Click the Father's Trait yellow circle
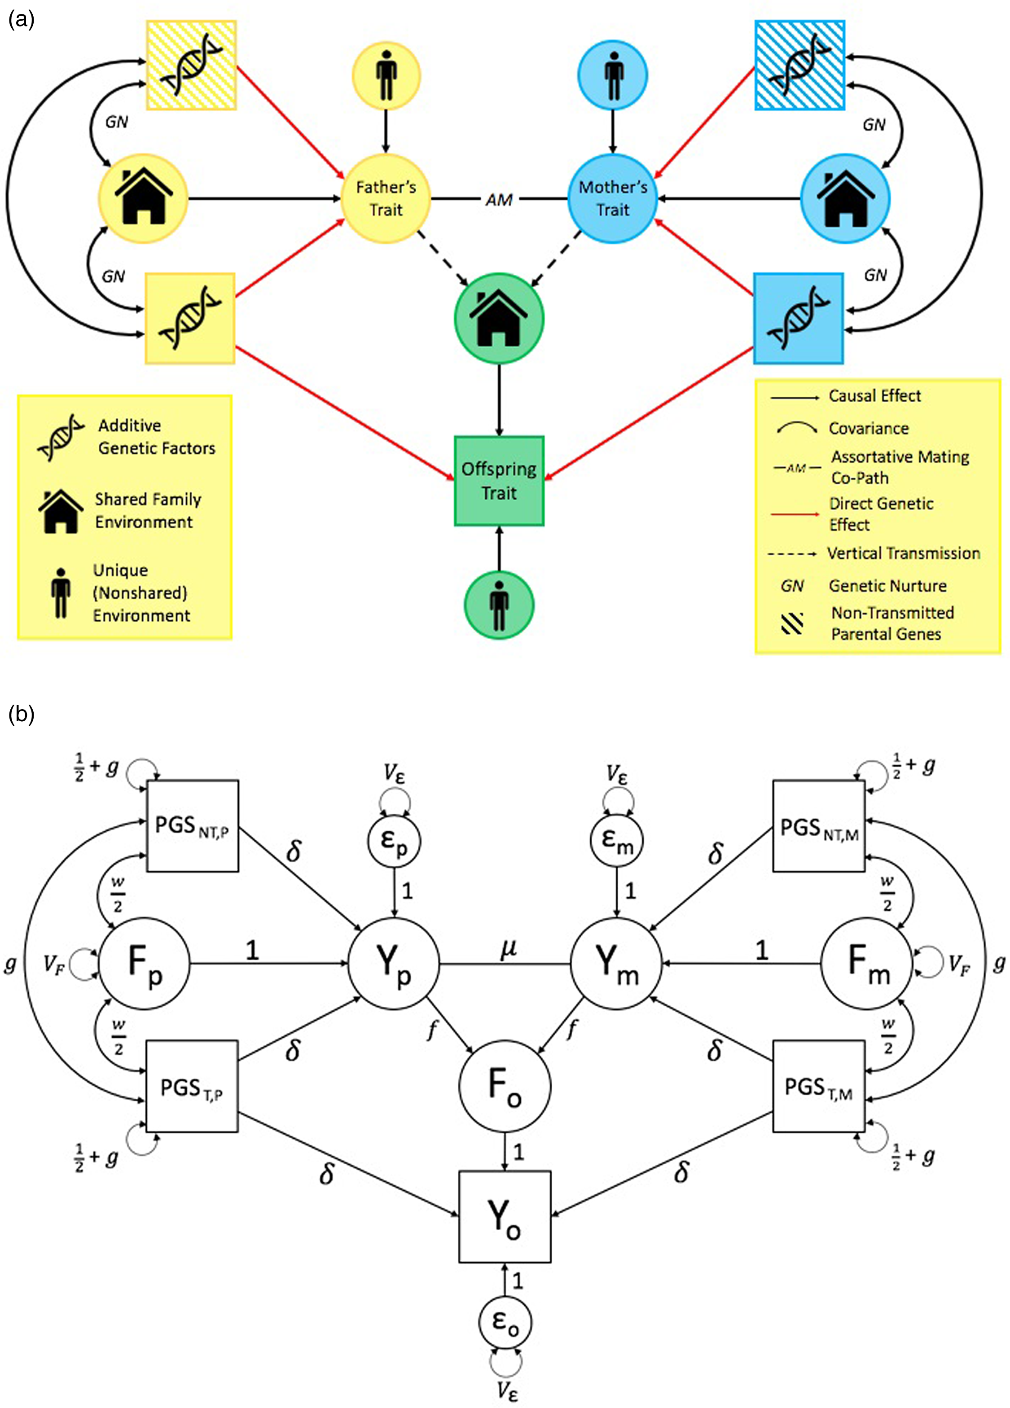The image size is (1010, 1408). [386, 199]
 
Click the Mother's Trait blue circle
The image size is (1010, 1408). [613, 199]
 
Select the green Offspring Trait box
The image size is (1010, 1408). [499, 481]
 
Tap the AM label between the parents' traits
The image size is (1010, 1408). [499, 199]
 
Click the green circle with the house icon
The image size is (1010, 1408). [499, 319]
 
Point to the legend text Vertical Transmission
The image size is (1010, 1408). [903, 553]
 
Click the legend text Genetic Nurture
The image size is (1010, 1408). [888, 585]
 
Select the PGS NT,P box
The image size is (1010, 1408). [193, 826]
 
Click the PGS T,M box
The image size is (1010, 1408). [818, 1087]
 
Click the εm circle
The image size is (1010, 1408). [616, 841]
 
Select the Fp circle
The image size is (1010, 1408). [145, 964]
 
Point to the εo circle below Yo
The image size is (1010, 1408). [505, 1322]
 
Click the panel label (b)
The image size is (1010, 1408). [21, 715]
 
